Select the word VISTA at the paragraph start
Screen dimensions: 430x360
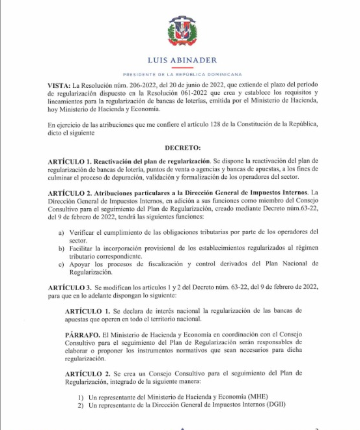coord(59,85)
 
